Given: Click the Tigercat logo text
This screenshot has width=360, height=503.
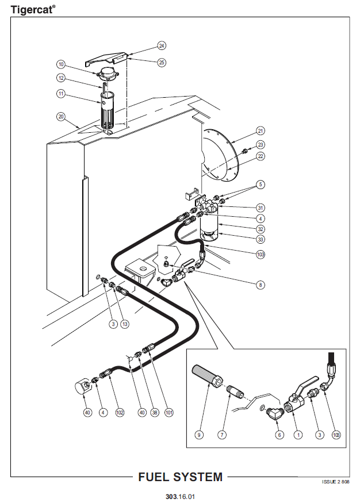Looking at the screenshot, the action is tap(33, 9).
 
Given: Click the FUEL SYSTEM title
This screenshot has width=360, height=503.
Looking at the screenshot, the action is tap(181, 477).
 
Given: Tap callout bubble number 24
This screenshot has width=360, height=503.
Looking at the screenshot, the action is tap(162, 46).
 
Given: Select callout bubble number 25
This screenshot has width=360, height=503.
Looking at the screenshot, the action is tap(162, 62).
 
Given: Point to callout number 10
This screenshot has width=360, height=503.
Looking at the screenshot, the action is tap(61, 64).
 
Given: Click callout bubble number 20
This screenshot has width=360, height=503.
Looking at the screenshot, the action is tap(61, 117).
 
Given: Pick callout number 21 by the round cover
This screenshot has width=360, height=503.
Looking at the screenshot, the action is tap(261, 131).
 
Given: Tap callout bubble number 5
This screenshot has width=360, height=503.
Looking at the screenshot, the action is tap(261, 185).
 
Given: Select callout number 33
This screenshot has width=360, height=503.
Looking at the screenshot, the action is tap(261, 239).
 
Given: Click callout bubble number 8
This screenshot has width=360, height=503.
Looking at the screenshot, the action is tap(261, 285).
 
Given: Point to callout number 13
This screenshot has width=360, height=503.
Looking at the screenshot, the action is tap(125, 324).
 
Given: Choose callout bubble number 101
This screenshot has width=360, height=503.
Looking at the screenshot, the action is tap(168, 412).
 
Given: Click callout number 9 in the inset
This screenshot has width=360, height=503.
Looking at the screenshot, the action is tap(199, 435).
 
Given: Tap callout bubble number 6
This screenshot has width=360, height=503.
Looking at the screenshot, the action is tap(279, 435).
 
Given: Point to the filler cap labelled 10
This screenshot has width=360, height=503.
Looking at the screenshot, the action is tap(108, 74).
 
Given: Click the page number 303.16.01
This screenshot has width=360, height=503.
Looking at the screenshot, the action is tap(180, 497).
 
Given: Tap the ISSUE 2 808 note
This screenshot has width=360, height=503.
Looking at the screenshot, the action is tap(336, 482).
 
